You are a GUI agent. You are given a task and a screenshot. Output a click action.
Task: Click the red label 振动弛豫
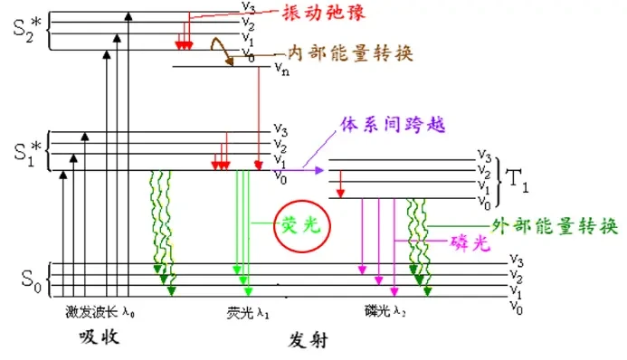pos(323,13)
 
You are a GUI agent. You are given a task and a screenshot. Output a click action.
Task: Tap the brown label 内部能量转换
pos(350,52)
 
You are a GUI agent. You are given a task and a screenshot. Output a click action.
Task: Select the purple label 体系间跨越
pos(393,125)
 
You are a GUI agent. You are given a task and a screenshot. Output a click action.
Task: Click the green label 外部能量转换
pos(555,226)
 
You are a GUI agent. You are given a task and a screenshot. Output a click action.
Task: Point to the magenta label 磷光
pos(470,242)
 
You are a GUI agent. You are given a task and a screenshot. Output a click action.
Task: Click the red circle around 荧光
pos(302,226)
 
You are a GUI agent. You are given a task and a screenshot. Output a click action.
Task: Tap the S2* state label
pos(27,29)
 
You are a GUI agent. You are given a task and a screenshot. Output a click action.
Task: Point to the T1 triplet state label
pos(518,181)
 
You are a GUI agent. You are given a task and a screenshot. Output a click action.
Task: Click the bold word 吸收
pos(99,336)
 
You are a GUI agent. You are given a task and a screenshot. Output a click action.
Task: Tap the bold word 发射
pos(308,340)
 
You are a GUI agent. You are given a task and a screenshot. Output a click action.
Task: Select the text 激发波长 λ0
pos(100,312)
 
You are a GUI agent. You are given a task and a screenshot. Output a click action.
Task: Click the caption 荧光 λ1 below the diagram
pos(248,313)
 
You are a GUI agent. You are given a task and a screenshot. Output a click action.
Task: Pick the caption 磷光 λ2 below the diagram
pos(385,311)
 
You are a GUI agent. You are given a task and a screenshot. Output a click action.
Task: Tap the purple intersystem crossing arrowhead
pos(319,171)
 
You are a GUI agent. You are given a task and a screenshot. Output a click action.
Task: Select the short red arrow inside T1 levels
pos(340,185)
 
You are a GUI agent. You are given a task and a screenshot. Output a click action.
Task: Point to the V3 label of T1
pos(484,155)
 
